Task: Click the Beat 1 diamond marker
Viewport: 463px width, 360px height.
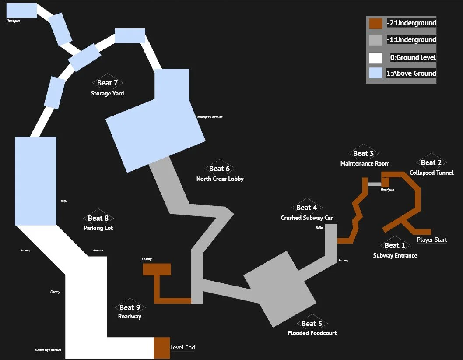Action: point(395,245)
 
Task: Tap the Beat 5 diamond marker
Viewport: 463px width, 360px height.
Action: point(312,324)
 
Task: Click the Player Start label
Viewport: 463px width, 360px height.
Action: point(432,240)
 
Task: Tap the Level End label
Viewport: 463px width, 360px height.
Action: point(182,348)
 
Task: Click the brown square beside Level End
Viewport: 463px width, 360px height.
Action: point(161,348)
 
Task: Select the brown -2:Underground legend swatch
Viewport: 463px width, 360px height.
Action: point(375,23)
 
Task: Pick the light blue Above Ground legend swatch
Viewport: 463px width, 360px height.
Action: point(375,73)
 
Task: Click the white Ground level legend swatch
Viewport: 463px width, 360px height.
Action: point(375,57)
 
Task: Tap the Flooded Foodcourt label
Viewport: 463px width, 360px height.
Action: point(312,333)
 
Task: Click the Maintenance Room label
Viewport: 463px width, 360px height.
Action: point(365,163)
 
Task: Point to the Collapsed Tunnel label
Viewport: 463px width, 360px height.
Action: point(431,173)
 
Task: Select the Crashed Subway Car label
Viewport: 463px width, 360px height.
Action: point(307,218)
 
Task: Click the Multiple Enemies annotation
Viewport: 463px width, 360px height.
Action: point(210,117)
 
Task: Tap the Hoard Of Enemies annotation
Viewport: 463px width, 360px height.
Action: point(48,350)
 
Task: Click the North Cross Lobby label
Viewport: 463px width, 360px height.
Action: point(220,179)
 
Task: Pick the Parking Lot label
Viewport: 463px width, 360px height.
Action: point(98,228)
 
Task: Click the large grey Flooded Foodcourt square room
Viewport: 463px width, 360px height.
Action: point(280,289)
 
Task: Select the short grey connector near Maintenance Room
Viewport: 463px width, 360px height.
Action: point(374,184)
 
